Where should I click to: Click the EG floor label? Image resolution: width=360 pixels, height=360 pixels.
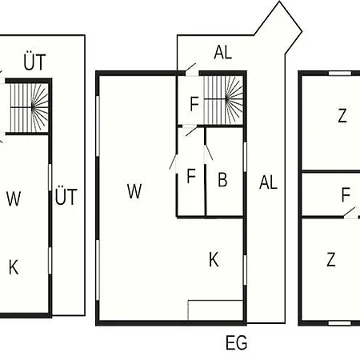coord(236,342)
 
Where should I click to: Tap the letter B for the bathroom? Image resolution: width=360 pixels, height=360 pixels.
coord(222,179)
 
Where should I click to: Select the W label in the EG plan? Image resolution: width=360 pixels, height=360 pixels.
coord(134,191)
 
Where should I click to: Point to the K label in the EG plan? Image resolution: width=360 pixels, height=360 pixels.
coord(214,259)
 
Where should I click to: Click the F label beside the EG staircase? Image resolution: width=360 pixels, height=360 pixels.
coord(194,104)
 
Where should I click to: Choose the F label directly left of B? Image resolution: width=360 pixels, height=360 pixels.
coord(191,176)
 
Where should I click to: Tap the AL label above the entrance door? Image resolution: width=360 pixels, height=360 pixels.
coord(223,52)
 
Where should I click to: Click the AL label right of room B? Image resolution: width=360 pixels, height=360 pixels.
coord(268,182)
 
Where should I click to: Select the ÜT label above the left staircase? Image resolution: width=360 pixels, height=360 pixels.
coord(34,62)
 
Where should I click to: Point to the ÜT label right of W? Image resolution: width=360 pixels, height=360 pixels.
coord(66,197)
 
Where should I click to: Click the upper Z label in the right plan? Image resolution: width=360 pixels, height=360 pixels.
coord(342,116)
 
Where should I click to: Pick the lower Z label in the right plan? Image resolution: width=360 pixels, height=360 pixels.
coord(331,259)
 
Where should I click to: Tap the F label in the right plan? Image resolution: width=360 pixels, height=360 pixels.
coord(346,194)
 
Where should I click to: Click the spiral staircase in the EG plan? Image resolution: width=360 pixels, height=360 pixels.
coord(223,100)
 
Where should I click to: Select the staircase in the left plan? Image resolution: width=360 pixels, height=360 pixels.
coord(30,108)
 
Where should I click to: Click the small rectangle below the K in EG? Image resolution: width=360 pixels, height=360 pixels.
coord(215,310)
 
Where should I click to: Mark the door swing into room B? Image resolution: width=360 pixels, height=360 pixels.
coord(208,153)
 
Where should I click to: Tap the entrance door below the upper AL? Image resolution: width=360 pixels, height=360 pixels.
coord(191,70)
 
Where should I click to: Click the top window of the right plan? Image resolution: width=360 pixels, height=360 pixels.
coord(340,74)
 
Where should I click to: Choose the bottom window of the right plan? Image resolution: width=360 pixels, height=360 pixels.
coord(340,323)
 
